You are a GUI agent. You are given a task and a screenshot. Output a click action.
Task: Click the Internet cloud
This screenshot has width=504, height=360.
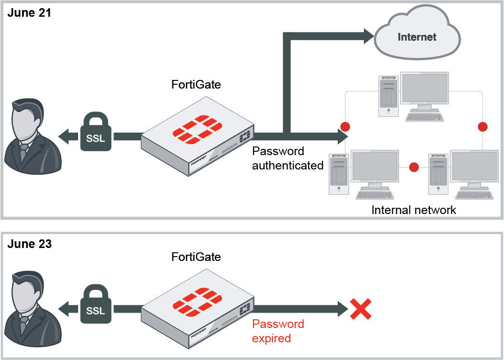pos(417,37)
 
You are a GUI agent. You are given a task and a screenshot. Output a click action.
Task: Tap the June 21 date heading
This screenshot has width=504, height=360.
pos(29,12)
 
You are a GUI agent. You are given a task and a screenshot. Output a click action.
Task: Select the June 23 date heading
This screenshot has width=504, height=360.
pos(29,244)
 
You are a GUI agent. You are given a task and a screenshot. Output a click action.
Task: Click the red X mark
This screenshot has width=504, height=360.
pos(361,309)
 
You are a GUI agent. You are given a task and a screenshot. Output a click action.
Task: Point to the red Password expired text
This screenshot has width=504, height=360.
pos(278,331)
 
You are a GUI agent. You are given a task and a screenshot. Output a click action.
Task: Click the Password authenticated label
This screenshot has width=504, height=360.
pos(287,158)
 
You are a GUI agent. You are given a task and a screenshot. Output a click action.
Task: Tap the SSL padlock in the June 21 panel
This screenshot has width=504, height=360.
pos(95,132)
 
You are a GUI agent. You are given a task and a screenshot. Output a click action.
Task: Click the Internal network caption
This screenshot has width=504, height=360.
pos(414,210)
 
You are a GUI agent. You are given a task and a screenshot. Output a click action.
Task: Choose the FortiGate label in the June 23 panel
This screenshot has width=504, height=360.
pos(196,257)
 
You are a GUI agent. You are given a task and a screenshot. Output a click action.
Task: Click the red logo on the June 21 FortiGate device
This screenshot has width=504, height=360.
pos(198,129)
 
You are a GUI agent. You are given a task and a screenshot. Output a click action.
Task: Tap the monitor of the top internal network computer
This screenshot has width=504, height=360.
pos(424,89)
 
